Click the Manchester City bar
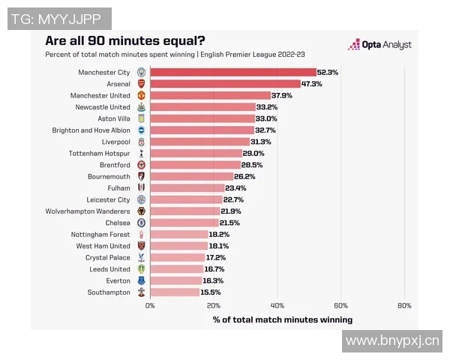click(x=232, y=73)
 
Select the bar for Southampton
click(x=174, y=292)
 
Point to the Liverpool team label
click(x=115, y=142)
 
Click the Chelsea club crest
click(x=141, y=223)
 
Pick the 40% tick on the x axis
click(x=277, y=306)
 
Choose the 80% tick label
click(x=404, y=306)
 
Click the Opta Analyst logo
click(x=379, y=45)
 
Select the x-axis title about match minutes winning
click(x=282, y=319)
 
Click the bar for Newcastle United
click(x=202, y=107)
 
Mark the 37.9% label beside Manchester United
click(x=282, y=95)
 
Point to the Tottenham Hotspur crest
click(x=141, y=153)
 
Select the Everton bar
click(x=175, y=280)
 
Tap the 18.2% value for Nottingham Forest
click(x=219, y=234)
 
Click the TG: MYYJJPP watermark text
click(x=59, y=19)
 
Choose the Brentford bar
click(x=195, y=165)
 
